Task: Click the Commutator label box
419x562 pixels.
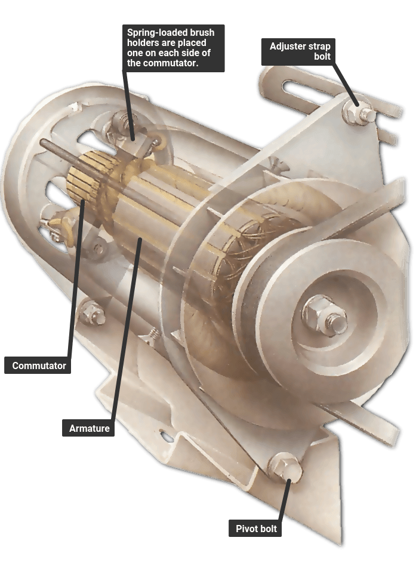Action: click(38, 366)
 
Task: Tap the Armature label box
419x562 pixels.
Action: click(88, 428)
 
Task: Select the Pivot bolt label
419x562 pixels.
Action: click(255, 529)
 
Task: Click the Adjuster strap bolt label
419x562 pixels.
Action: click(298, 51)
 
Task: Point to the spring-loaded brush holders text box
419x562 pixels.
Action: click(173, 48)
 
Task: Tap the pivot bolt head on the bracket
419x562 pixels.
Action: click(285, 468)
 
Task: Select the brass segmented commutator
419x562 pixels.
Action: click(84, 176)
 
